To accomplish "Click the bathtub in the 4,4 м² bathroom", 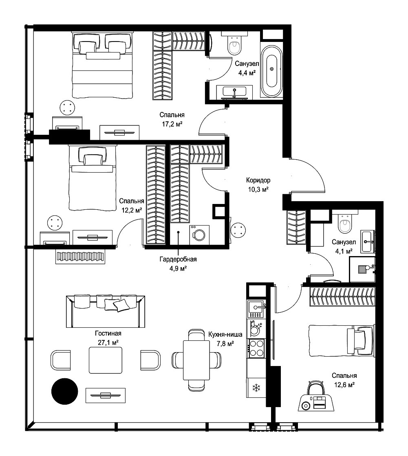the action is (271, 71).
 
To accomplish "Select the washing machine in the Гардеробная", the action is (199, 235).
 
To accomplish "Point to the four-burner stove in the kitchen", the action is (256, 349).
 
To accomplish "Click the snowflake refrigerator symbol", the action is (256, 388).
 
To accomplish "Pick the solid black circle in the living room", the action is (65, 391).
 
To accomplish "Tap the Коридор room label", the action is (258, 180).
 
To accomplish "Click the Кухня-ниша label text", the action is (225, 334).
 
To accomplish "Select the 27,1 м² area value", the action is (108, 342).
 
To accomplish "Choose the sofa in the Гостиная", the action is (106, 311).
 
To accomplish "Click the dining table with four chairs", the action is (196, 360).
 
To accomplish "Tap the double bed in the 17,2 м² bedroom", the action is (102, 66).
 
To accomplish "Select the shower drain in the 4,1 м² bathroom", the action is (361, 269).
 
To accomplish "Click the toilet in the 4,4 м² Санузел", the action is (234, 43).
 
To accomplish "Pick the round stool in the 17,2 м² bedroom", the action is (68, 107).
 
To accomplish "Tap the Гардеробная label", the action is (178, 259).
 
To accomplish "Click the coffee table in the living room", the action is (106, 360).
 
